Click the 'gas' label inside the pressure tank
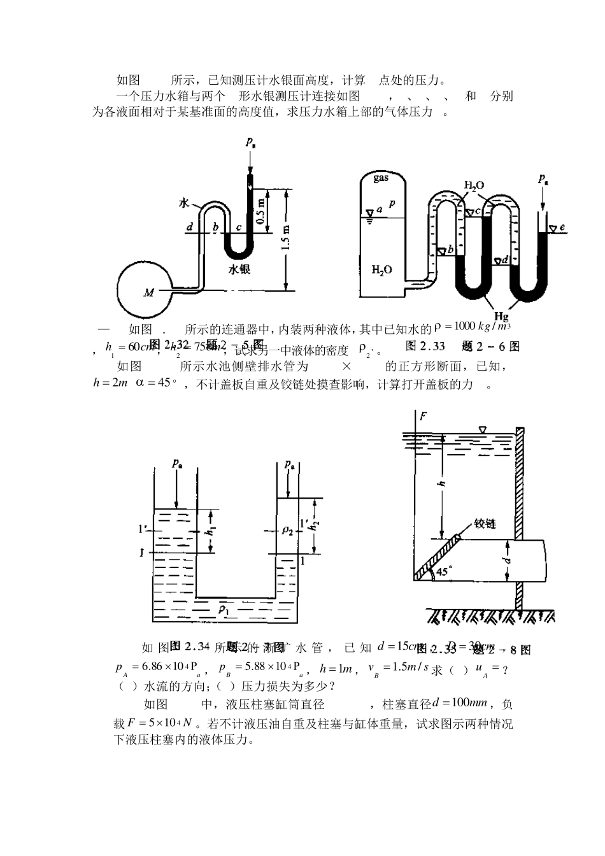(381, 178)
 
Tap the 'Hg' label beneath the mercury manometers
(501, 316)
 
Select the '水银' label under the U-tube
(239, 269)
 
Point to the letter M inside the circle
(149, 293)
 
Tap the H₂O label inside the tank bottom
(381, 269)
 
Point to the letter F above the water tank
(423, 417)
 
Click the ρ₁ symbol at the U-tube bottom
(224, 608)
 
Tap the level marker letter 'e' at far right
(562, 227)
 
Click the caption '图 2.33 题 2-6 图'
(462, 346)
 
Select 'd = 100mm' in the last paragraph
(459, 703)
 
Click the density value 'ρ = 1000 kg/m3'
(473, 327)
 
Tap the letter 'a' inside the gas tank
(380, 208)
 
